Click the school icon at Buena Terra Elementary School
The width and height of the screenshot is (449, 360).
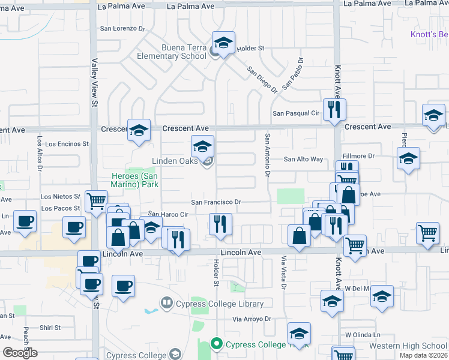point(224,43)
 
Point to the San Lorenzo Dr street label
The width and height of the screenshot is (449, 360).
point(123,28)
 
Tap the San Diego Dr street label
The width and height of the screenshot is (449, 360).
point(263,79)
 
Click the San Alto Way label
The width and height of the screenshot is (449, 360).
point(303,159)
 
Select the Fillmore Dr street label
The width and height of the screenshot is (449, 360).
point(358,156)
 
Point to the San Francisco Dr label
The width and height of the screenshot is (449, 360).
point(216,202)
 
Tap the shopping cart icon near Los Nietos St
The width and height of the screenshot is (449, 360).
point(96,201)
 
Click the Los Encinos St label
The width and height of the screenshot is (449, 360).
point(67,144)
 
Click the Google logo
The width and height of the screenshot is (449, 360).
point(20,352)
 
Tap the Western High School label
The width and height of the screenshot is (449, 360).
point(408,346)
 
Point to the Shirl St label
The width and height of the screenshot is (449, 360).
point(50,328)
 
